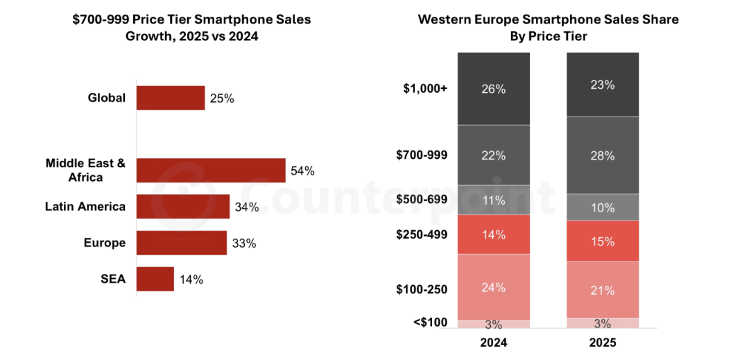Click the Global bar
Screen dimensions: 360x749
(x=171, y=98)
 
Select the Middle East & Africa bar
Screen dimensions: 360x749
(x=211, y=170)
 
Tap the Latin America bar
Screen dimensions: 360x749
(x=183, y=206)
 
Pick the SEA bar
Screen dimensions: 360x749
(x=155, y=279)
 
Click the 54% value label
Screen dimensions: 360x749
(x=302, y=171)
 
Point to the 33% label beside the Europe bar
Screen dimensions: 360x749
(x=244, y=243)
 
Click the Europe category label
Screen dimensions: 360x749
(x=105, y=243)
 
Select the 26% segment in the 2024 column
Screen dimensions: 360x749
(x=494, y=88)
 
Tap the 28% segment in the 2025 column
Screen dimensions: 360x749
(x=603, y=155)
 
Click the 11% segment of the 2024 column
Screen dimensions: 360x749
(x=494, y=200)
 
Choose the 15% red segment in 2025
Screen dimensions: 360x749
(x=603, y=241)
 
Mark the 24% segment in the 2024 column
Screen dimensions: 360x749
(x=494, y=286)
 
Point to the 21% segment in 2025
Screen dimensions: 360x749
(x=603, y=289)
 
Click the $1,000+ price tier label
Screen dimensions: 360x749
(x=425, y=89)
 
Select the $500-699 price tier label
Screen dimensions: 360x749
(x=422, y=200)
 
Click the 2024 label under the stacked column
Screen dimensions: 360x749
(x=494, y=343)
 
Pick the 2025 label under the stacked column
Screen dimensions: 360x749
(x=603, y=343)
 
